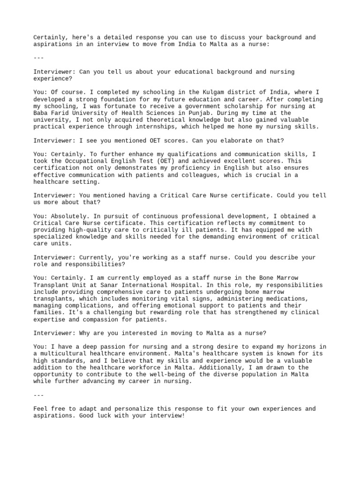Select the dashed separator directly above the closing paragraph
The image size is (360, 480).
[x=39, y=395]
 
